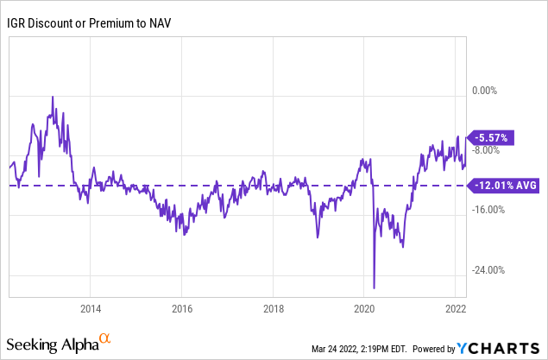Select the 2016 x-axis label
pos(182,308)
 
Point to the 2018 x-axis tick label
pos(274,308)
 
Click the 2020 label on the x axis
pos(364,308)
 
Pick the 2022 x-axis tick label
pos(456,308)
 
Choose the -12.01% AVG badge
pos(504,185)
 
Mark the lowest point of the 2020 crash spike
pos(375,288)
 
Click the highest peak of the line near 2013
pos(53,97)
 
